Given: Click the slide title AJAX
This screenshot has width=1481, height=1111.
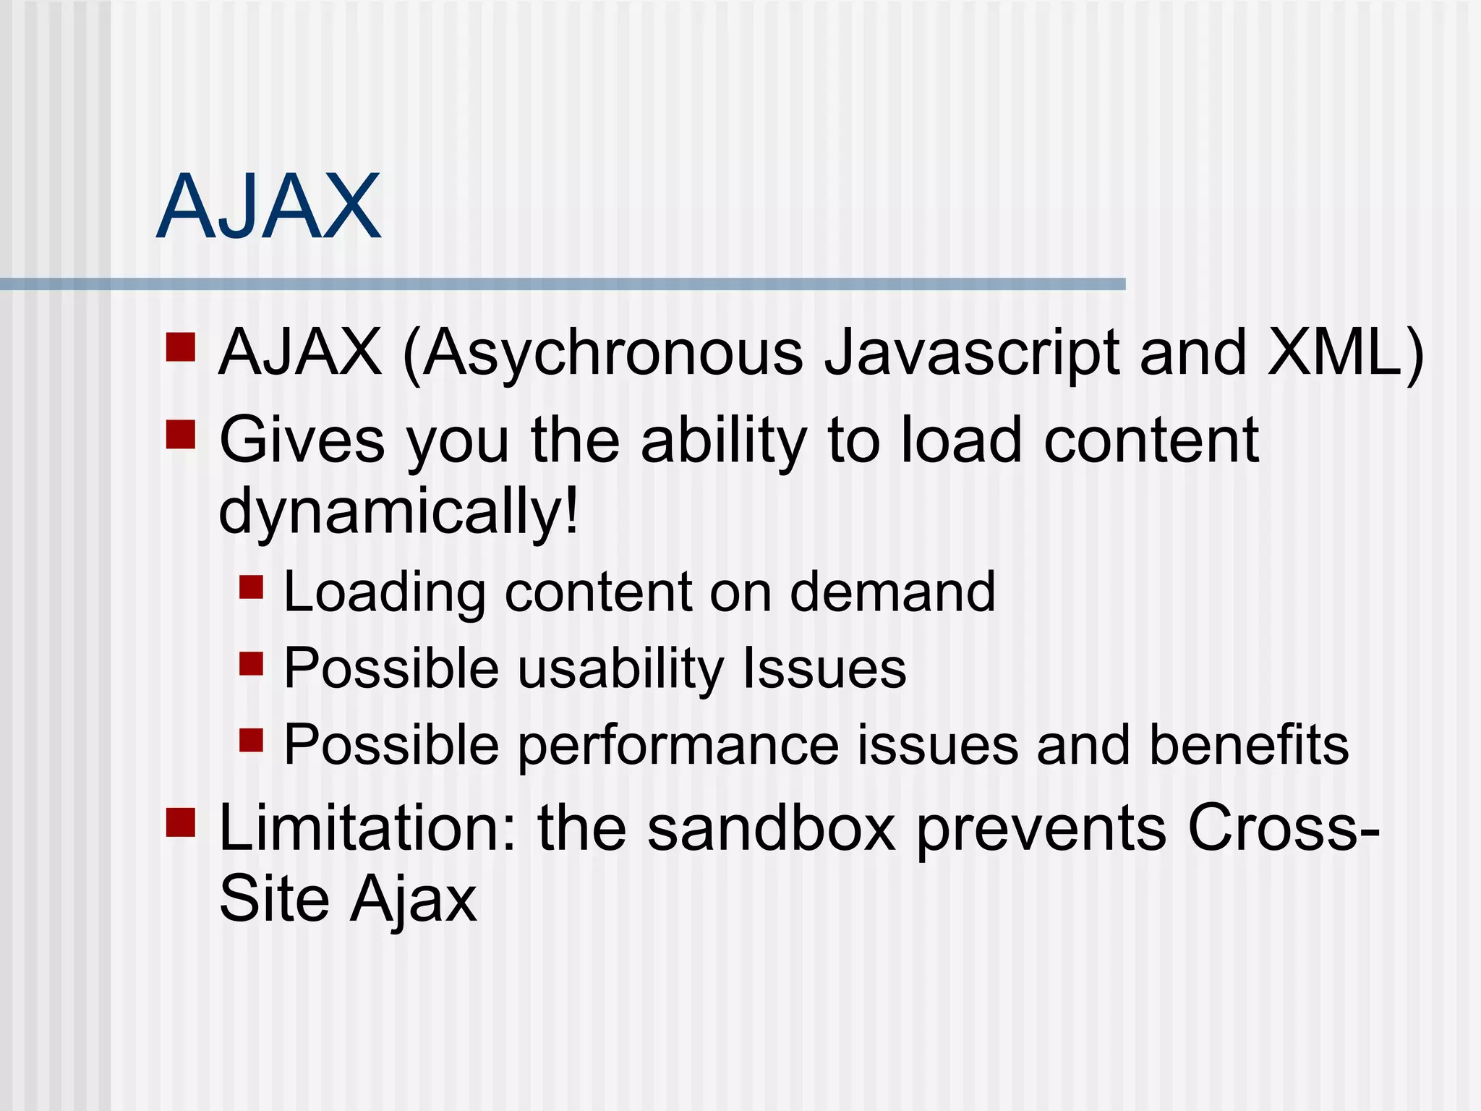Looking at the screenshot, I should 268,208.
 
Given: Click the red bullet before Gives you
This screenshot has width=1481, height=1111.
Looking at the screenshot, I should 181,435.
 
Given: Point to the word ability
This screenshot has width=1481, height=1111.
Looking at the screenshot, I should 724,441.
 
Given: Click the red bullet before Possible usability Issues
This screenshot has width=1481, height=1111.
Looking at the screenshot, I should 251,663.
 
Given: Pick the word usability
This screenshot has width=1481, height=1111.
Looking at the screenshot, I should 620,668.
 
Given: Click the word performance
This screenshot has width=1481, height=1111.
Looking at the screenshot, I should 679,745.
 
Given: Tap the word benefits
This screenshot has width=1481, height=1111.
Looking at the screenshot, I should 1249,745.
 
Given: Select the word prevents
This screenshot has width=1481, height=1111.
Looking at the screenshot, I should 1041,829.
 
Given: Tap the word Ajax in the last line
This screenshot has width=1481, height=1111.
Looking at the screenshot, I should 414,900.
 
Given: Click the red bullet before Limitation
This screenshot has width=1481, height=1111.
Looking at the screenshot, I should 181,822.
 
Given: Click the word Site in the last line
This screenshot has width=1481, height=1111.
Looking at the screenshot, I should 274,900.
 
